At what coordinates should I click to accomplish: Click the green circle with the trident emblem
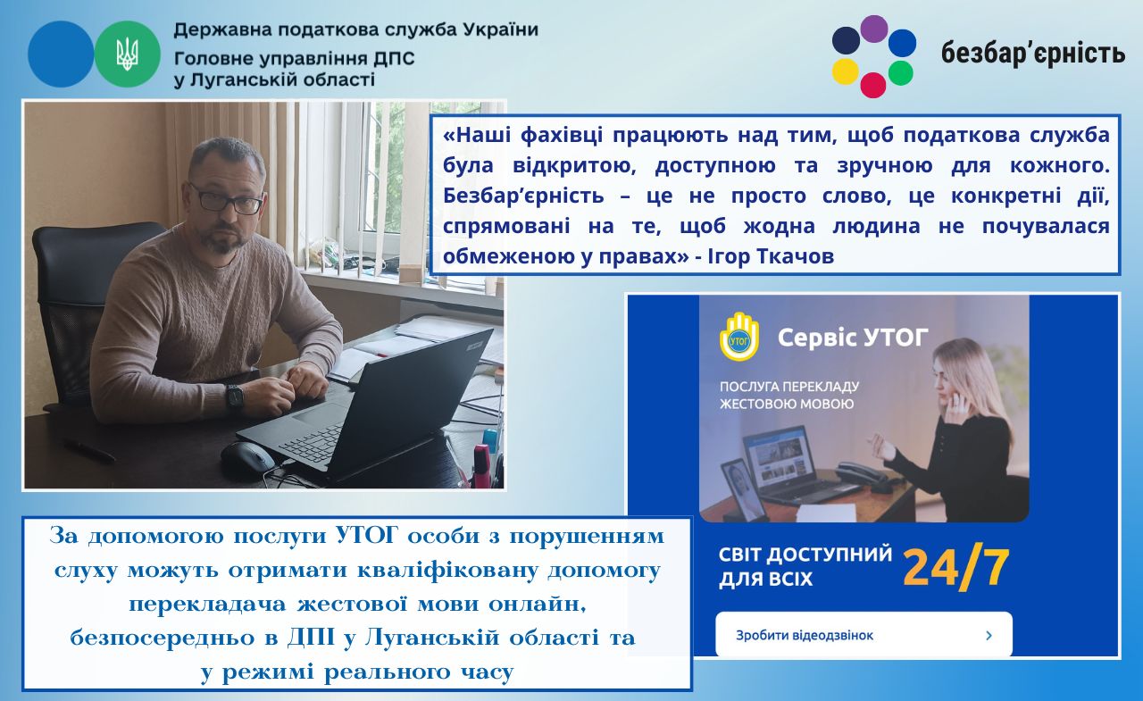click(x=127, y=54)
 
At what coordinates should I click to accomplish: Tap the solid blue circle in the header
click(x=61, y=54)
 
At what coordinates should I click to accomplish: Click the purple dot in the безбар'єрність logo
click(x=874, y=29)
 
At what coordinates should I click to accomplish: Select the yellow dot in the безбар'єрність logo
click(x=846, y=71)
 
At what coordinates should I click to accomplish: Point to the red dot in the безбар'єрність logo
click(x=873, y=85)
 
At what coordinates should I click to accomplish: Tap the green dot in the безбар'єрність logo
click(x=901, y=73)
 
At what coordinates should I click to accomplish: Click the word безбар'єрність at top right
click(x=1033, y=53)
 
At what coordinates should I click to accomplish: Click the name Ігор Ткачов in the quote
click(x=771, y=256)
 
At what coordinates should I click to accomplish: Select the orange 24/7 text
click(x=955, y=567)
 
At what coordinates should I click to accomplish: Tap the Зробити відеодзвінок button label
click(x=805, y=636)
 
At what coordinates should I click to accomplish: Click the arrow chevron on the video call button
click(x=989, y=635)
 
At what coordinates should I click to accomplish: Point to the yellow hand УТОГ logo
click(x=738, y=337)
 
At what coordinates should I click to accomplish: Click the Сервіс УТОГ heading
click(x=853, y=338)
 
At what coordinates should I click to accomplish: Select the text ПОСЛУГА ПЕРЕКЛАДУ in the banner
click(x=789, y=386)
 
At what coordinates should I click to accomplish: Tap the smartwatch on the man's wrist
click(x=235, y=396)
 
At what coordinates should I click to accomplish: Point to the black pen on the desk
click(x=88, y=451)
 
